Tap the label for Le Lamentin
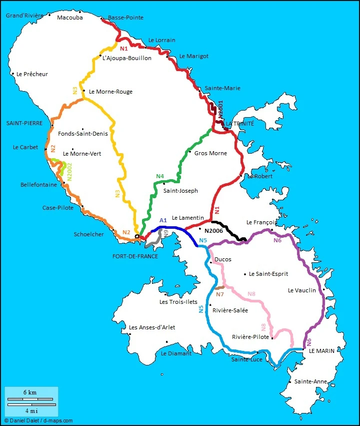pyautogui.click(x=187, y=218)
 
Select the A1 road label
pyautogui.click(x=163, y=220)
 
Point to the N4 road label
pyautogui.click(x=160, y=176)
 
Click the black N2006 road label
pyautogui.click(x=213, y=231)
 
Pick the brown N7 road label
pyautogui.click(x=219, y=294)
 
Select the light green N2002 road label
pyautogui.click(x=70, y=171)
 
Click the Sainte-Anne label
pyautogui.click(x=310, y=381)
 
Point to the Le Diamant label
pyautogui.click(x=176, y=353)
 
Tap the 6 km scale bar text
pyautogui.click(x=29, y=392)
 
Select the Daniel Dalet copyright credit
pyautogui.click(x=38, y=421)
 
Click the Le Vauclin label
pyautogui.click(x=302, y=290)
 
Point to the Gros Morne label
pyautogui.click(x=210, y=153)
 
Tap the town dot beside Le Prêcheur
pyautogui.click(x=12, y=74)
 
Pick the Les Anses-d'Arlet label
pyautogui.click(x=152, y=327)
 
